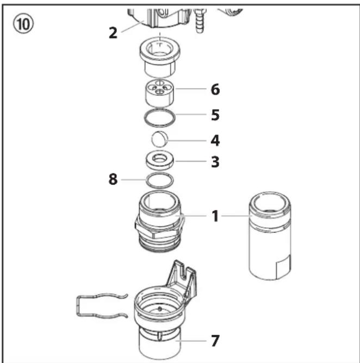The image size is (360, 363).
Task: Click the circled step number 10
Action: click(23, 23)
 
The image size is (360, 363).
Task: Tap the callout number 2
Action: click(113, 33)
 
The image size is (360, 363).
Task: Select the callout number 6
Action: click(215, 89)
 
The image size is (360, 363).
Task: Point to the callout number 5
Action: click(215, 115)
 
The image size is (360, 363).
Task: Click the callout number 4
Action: click(215, 140)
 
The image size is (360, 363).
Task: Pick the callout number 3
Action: click(215, 162)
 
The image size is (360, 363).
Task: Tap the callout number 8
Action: click(113, 179)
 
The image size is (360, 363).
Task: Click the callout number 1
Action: click(215, 216)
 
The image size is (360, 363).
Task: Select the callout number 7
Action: click(215, 341)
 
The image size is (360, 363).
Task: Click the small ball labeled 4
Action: click(159, 139)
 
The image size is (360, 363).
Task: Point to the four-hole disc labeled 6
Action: click(160, 92)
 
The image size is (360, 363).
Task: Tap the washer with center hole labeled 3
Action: click(160, 160)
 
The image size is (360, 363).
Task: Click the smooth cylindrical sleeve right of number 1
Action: click(270, 236)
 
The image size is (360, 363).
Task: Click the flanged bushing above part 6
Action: click(160, 57)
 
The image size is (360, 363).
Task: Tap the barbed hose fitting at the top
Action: click(200, 20)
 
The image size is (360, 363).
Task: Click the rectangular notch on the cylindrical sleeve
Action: click(283, 267)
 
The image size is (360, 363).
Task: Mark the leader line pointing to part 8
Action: click(133, 180)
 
